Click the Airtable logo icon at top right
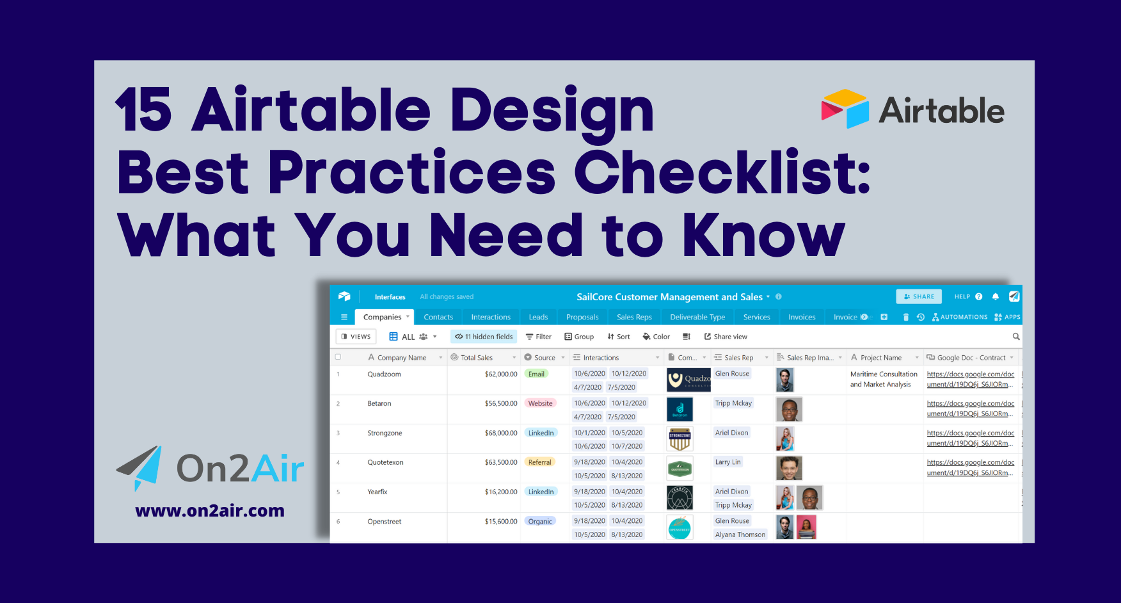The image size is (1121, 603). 845,109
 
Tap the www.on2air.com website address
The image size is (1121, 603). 210,511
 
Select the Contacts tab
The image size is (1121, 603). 438,317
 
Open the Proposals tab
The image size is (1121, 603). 582,317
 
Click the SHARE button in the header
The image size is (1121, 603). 919,296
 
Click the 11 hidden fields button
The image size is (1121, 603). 484,337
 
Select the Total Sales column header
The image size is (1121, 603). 477,358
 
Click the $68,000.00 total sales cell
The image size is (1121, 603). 500,433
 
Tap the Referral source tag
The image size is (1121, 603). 539,462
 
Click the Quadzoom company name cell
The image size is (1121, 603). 385,374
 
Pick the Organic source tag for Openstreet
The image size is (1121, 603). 540,521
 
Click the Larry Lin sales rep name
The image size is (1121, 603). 727,462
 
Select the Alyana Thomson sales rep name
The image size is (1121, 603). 740,535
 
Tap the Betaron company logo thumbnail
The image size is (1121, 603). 680,409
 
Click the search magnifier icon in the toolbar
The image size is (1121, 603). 1016,337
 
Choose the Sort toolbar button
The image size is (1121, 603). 619,337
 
